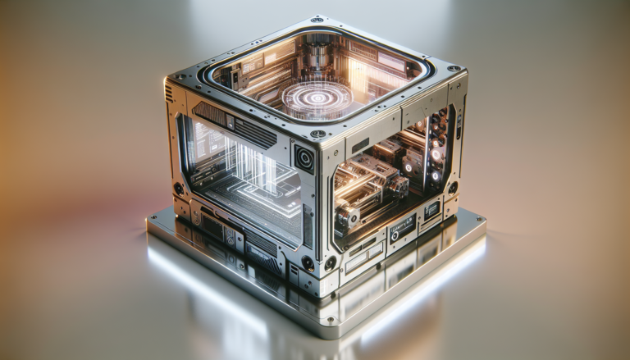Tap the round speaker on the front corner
(x=304, y=157)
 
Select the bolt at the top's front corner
(x=317, y=134)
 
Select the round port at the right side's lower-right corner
(x=452, y=187)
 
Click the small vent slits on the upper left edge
(x=170, y=92)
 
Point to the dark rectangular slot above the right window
(x=361, y=145)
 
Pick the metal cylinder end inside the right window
(x=349, y=215)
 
